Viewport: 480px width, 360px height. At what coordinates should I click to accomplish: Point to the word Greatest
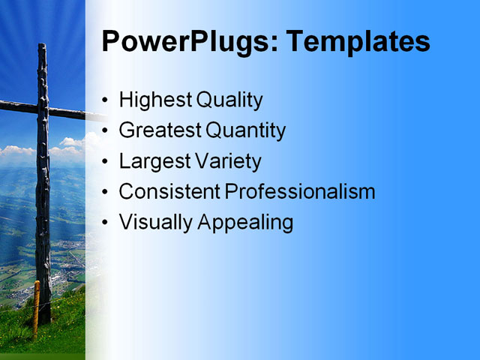click(x=159, y=130)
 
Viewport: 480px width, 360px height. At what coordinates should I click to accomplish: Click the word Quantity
click(x=245, y=130)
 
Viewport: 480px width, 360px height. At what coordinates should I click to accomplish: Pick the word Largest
click(x=154, y=161)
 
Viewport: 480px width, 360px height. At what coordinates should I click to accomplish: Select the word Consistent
click(x=169, y=192)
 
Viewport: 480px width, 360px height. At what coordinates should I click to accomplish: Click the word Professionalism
click(x=300, y=192)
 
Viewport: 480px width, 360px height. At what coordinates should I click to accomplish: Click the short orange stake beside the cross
click(x=35, y=307)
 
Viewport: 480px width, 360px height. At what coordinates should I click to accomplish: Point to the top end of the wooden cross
click(x=43, y=49)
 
